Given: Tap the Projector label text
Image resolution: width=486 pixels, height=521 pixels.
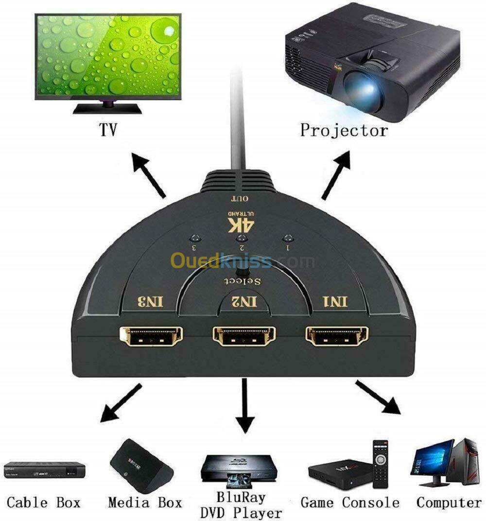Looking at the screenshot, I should (344, 130).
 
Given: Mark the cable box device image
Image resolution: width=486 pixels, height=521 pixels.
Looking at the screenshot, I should (44, 470).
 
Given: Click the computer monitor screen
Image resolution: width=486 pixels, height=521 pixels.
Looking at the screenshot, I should (432, 459).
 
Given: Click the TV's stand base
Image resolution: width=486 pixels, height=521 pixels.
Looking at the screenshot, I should (107, 110).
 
